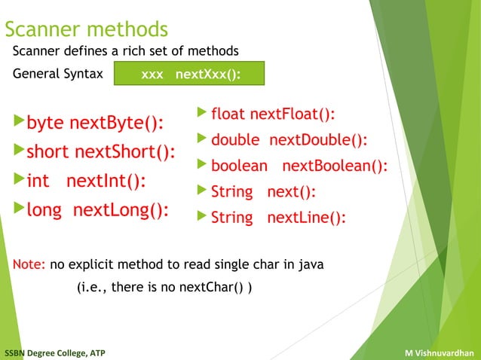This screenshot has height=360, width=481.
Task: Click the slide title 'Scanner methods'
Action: click(x=86, y=29)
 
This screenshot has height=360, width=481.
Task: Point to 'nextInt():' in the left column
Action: click(x=106, y=182)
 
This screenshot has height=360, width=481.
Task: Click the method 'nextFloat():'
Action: click(x=293, y=114)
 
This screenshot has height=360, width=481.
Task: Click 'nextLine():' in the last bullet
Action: click(x=306, y=218)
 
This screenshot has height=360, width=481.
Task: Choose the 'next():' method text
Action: click(x=291, y=192)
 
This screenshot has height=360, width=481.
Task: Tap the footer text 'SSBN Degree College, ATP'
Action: click(x=54, y=352)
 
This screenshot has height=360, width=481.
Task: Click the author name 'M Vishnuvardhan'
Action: click(x=439, y=352)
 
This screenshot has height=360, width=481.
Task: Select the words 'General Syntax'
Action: click(x=57, y=75)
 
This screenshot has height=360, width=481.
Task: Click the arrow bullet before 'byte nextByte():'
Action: click(x=18, y=121)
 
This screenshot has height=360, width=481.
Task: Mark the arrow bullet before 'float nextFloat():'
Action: click(x=201, y=113)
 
